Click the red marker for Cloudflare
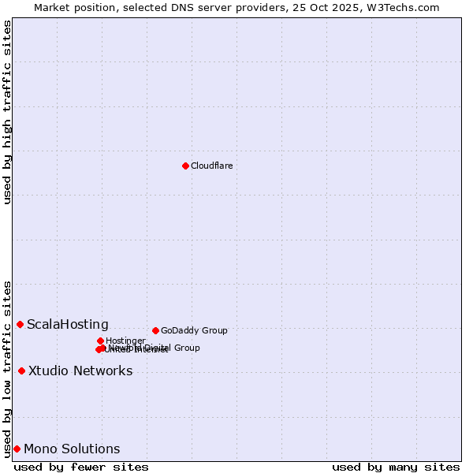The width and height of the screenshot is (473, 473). [185, 166]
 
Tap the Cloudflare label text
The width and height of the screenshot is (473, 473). [211, 166]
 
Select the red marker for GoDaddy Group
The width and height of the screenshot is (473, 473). [155, 330]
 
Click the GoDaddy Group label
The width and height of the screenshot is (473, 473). [194, 330]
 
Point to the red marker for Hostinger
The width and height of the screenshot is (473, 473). [100, 341]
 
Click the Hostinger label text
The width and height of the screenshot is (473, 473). [125, 341]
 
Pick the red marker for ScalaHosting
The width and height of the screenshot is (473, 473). [20, 324]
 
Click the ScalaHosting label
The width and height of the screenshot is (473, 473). [68, 324]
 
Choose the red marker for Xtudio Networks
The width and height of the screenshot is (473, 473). [21, 371]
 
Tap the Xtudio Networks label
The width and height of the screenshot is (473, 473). [80, 371]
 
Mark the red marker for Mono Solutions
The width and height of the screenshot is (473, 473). [17, 449]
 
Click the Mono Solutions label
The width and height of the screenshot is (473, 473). [72, 449]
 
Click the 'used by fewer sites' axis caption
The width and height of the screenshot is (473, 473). [81, 467]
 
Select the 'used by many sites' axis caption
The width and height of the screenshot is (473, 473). [396, 467]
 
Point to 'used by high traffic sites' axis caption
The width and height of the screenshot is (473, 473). [7, 112]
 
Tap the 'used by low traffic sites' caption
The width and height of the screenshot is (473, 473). [7, 368]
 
